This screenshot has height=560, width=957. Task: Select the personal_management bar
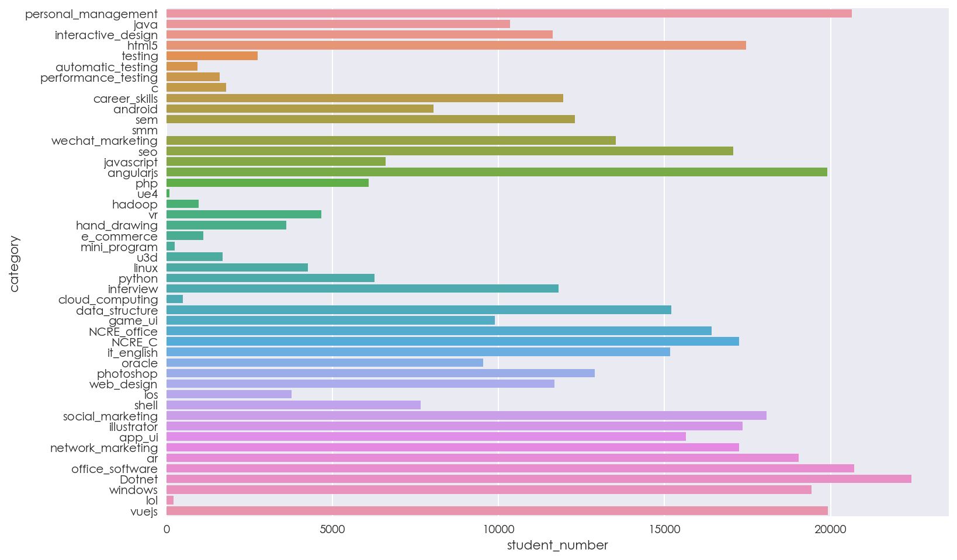pos(508,13)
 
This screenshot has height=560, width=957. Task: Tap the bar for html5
pos(456,46)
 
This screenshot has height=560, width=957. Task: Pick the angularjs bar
pos(497,172)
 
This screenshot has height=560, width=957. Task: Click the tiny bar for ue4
pos(168,193)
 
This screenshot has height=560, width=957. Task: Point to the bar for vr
pos(244,214)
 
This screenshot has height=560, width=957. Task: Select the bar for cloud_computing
pos(175,299)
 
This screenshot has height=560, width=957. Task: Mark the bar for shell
pos(293,405)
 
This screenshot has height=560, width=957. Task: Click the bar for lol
pos(170,500)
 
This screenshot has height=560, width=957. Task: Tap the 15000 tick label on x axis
pos(664,529)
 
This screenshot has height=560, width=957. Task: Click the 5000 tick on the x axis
pos(332,529)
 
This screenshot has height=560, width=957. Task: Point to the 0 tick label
pos(167,529)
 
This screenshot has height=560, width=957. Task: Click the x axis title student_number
pos(557,545)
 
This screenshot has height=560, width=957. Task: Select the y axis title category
pos(14,263)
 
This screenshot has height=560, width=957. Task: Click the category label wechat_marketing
pos(104,141)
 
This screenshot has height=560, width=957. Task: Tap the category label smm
pos(145,130)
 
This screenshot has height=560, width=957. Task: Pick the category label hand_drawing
pos(117,225)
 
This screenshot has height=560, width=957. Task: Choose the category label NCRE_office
pos(123,332)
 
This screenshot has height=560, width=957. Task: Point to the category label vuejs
pos(144,512)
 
